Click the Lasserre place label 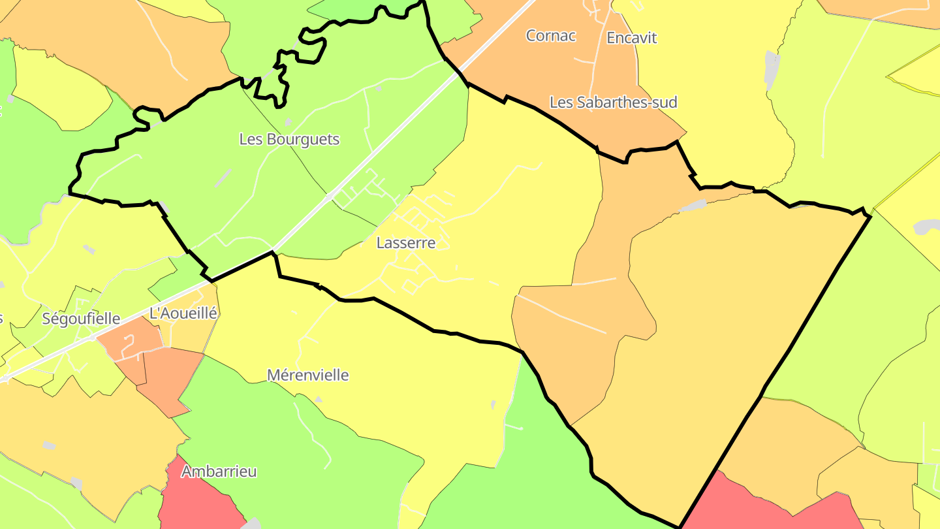[405, 243]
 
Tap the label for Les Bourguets [289, 139]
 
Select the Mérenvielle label [308, 376]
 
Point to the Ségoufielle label [81, 319]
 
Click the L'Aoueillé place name [183, 313]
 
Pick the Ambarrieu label [219, 472]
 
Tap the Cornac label [551, 36]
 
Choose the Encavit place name [631, 38]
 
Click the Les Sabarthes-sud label [613, 103]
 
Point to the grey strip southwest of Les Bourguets [223, 178]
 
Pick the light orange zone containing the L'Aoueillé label [189, 333]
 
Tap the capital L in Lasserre [380, 243]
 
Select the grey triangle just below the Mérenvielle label [319, 398]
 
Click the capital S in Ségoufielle [46, 319]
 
